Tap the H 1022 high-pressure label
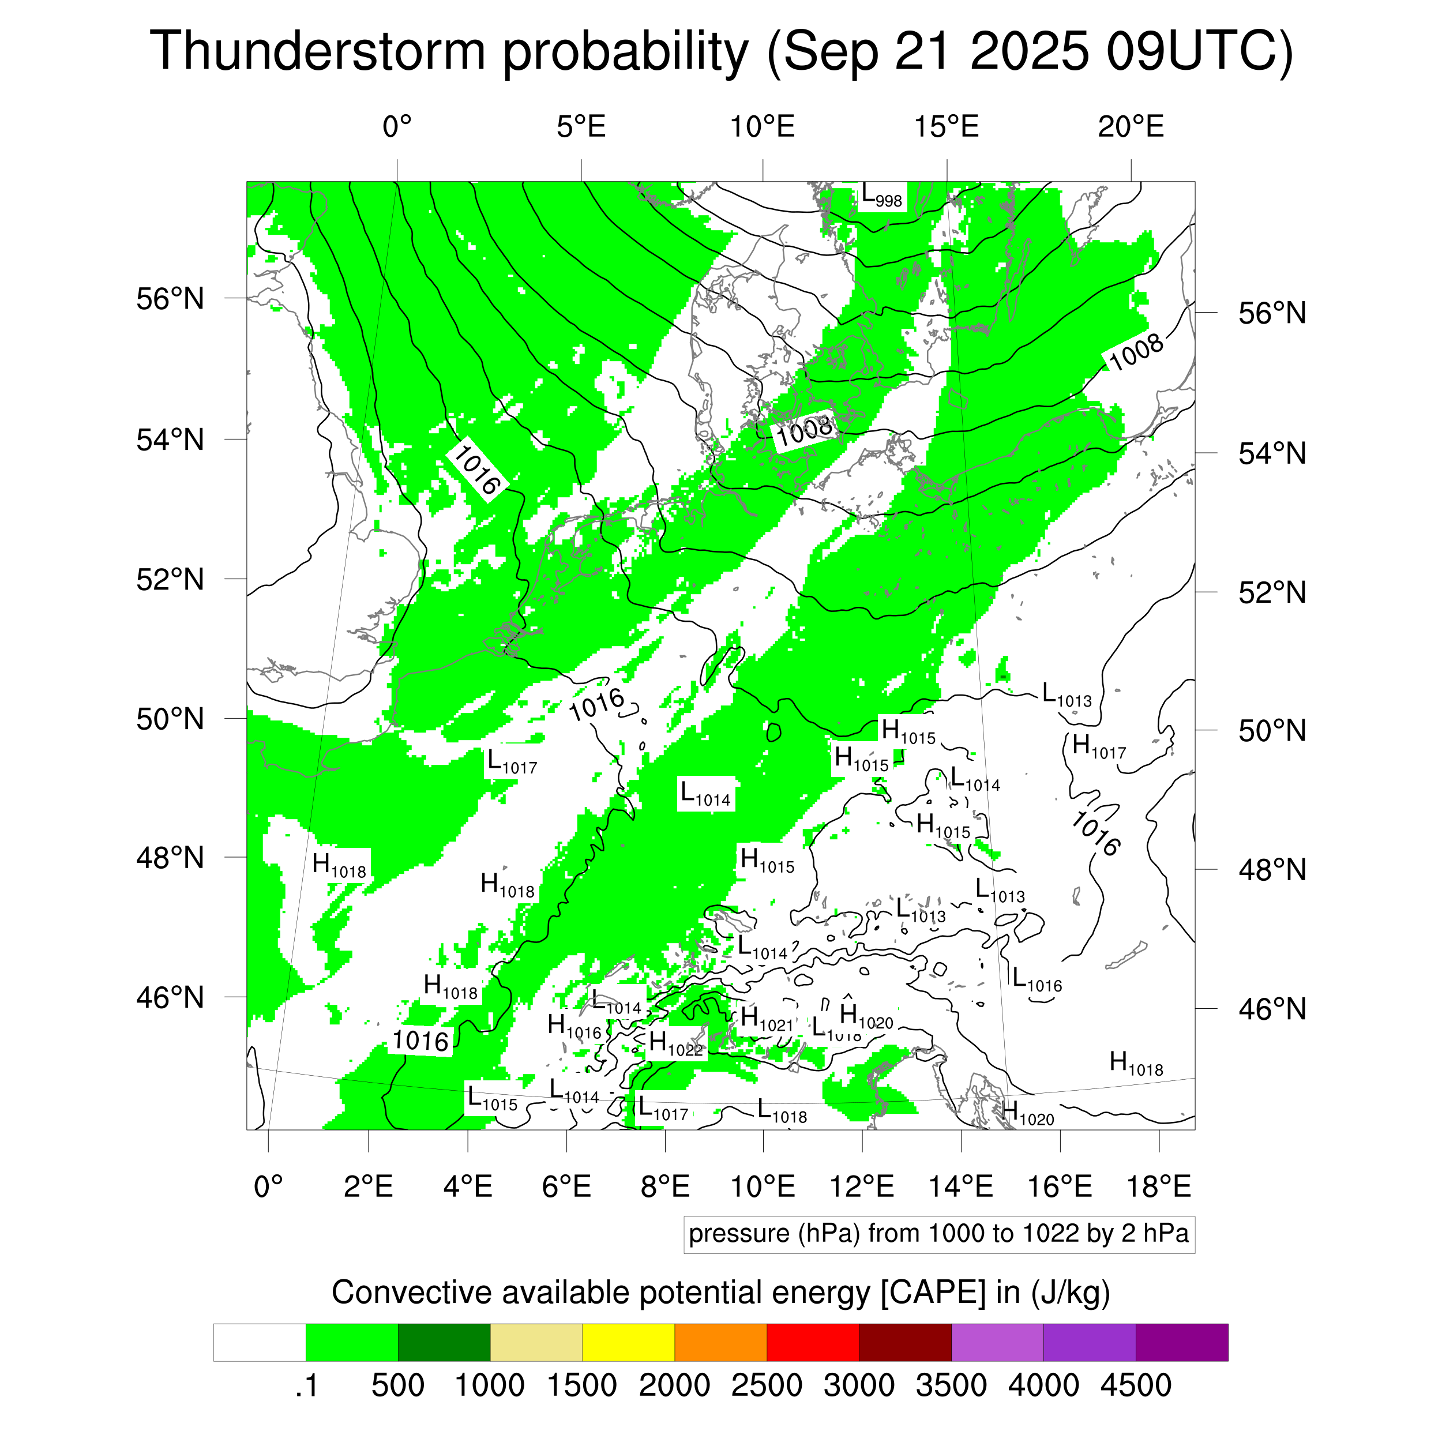pyautogui.click(x=675, y=1043)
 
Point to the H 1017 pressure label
pyautogui.click(x=1098, y=747)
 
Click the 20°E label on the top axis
pyautogui.click(x=1131, y=127)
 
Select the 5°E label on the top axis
pyautogui.click(x=581, y=127)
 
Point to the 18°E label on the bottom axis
pyautogui.click(x=1158, y=1186)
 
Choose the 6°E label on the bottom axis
pyautogui.click(x=566, y=1186)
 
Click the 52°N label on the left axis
pyautogui.click(x=170, y=579)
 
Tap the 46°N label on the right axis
pyautogui.click(x=1272, y=1009)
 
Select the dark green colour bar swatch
pyautogui.click(x=444, y=1343)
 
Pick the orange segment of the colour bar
pyautogui.click(x=720, y=1343)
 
